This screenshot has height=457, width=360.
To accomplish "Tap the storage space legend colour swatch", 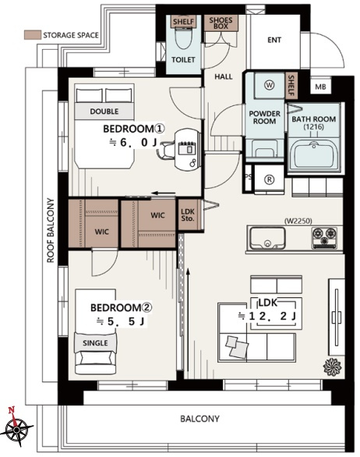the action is (x=32, y=34).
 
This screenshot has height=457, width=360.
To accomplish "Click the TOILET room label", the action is (x=183, y=59).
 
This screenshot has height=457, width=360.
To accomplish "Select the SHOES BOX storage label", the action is (x=221, y=23).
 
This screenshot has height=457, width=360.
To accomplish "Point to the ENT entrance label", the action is (x=274, y=40).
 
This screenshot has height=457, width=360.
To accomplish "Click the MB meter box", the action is (x=320, y=87).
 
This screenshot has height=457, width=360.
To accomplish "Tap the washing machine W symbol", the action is (x=270, y=85).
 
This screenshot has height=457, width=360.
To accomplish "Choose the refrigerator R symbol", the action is (x=270, y=179).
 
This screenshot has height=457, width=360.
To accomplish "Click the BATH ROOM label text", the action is (x=314, y=122).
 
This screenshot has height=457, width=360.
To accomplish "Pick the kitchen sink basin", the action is (x=268, y=238).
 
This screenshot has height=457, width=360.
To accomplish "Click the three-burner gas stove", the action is (x=324, y=238).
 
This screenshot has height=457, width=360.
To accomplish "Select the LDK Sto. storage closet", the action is (x=188, y=214).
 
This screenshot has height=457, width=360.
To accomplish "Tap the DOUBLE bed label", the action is (x=104, y=112).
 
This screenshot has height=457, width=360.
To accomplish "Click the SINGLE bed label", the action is (x=95, y=343).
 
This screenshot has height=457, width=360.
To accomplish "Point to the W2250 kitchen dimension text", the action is (x=298, y=221).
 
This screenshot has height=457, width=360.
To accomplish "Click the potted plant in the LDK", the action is (x=332, y=366).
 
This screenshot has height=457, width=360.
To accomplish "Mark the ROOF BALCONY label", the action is (x=51, y=230).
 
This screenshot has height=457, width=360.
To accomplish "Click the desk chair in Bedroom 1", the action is (x=164, y=150).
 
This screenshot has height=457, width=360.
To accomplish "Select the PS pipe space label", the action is (x=249, y=177).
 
